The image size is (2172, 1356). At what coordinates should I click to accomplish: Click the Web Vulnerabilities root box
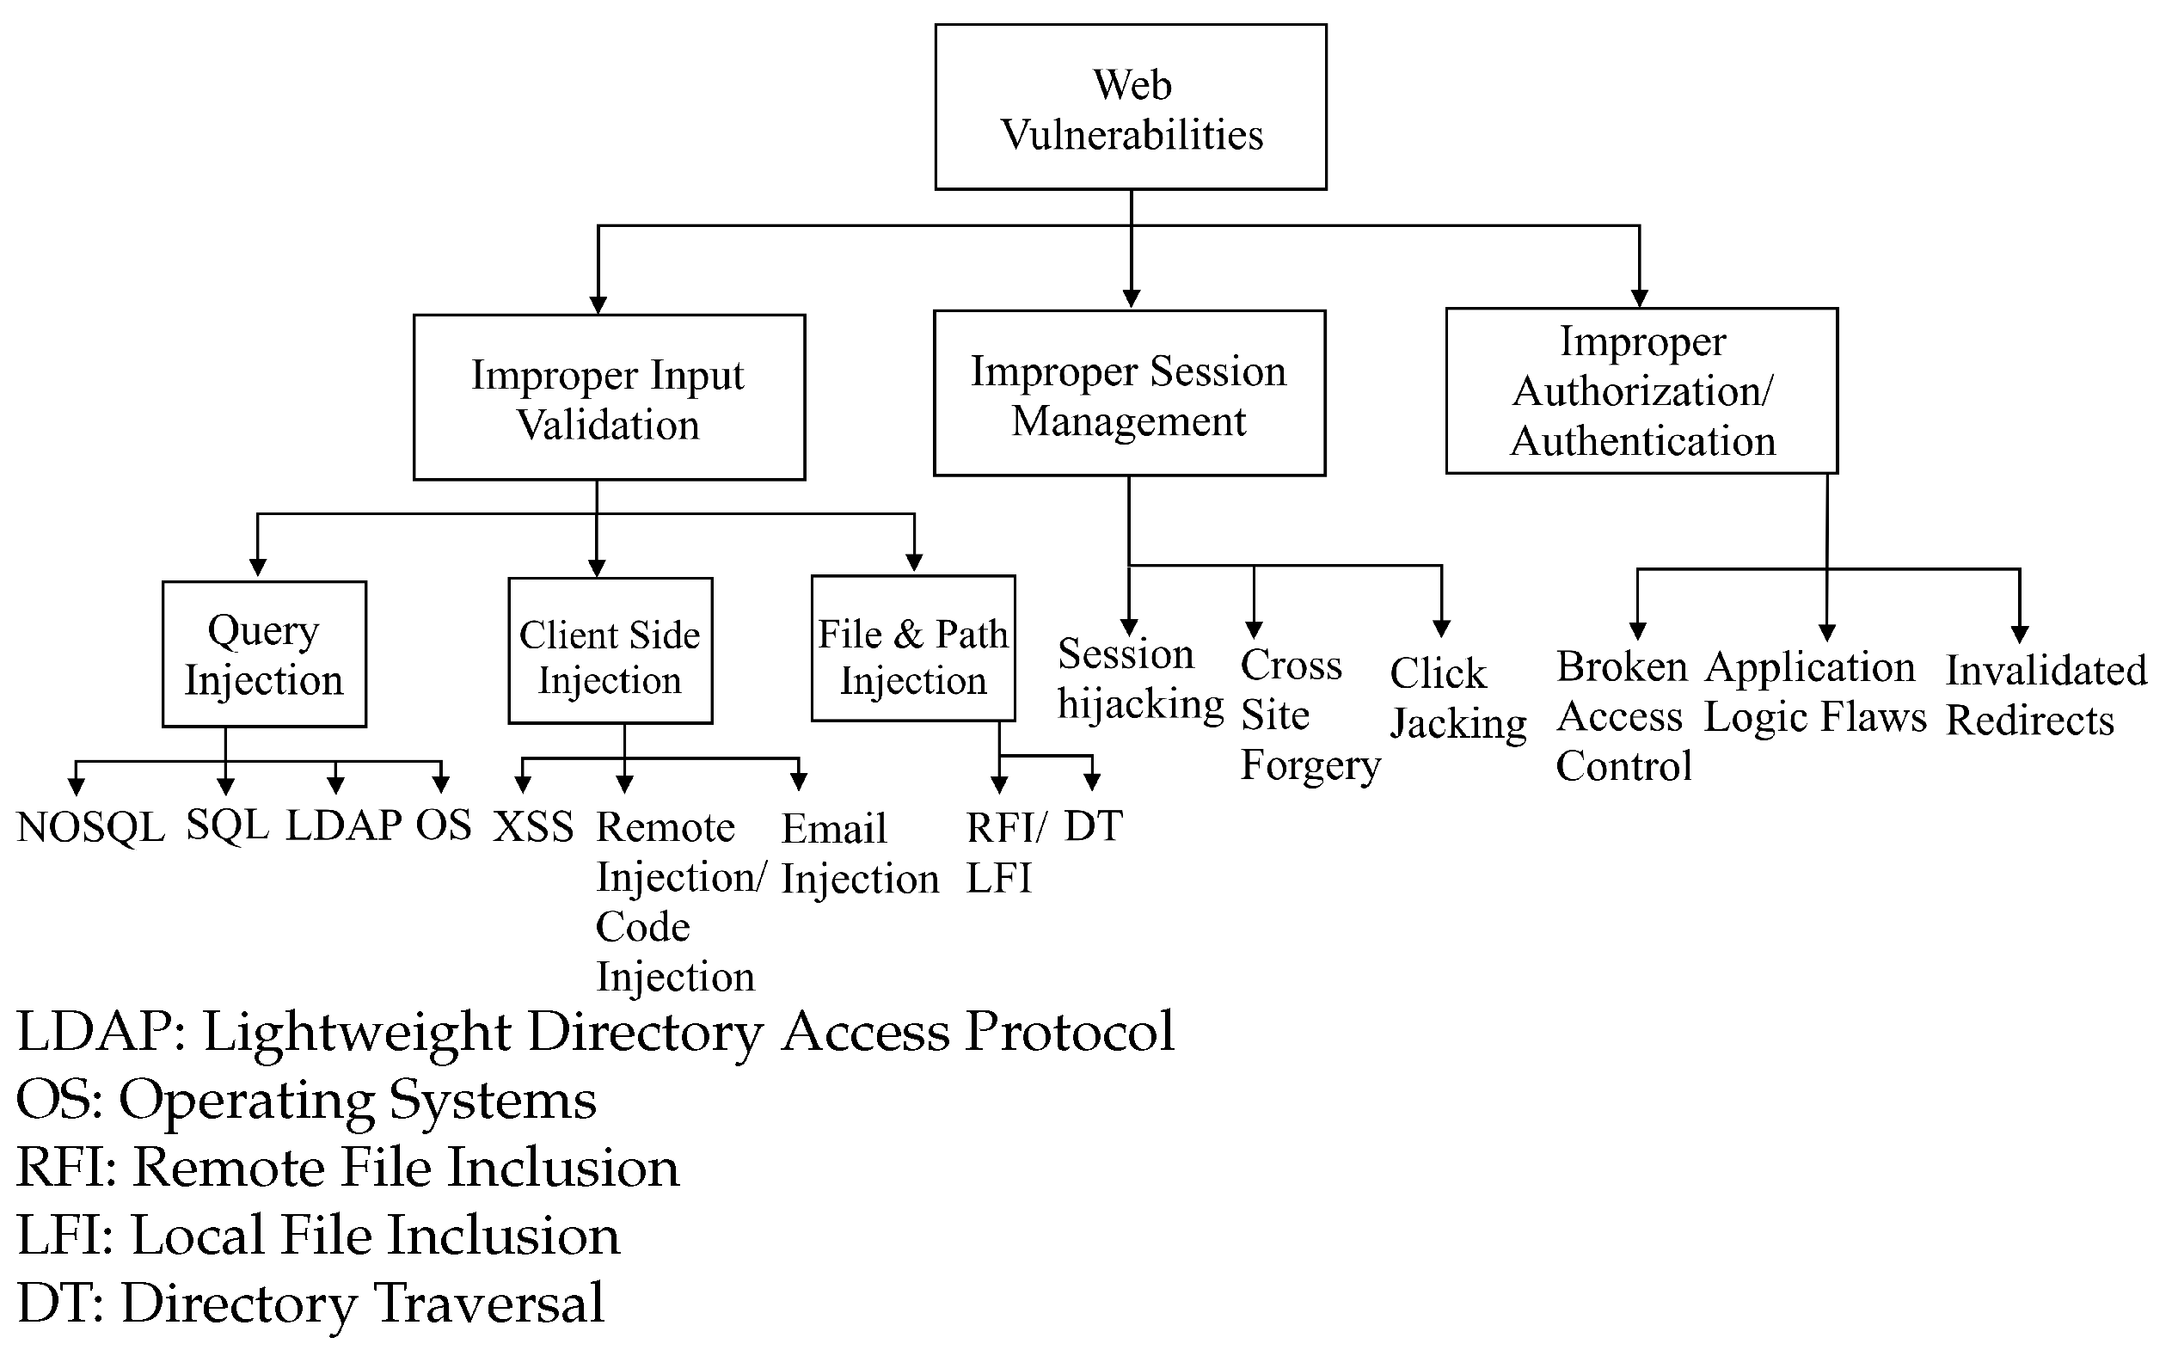(1131, 107)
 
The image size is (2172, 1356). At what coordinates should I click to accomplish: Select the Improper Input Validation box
(609, 397)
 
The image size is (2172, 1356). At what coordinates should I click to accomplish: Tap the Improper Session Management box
(1129, 394)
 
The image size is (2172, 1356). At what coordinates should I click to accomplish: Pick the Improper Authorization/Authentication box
(1641, 391)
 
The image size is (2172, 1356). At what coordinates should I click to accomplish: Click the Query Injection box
(264, 653)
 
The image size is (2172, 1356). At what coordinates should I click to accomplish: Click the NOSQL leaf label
(90, 827)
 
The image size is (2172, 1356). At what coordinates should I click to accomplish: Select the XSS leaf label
(534, 826)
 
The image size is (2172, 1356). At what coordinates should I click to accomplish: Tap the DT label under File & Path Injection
(1093, 825)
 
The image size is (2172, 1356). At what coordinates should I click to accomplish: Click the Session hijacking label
(1139, 679)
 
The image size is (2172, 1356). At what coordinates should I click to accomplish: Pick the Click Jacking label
(1457, 697)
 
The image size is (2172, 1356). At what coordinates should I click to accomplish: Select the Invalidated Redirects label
(2046, 695)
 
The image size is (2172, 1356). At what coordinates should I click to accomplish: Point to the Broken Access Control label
(1623, 715)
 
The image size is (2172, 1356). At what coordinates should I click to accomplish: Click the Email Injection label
(858, 854)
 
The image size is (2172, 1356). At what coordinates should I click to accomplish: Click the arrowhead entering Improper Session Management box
(1131, 298)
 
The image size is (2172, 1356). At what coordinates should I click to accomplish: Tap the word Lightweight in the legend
(357, 1031)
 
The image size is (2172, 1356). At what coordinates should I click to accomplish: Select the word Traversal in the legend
(488, 1303)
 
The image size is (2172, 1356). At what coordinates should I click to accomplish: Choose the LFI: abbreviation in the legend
(65, 1235)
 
